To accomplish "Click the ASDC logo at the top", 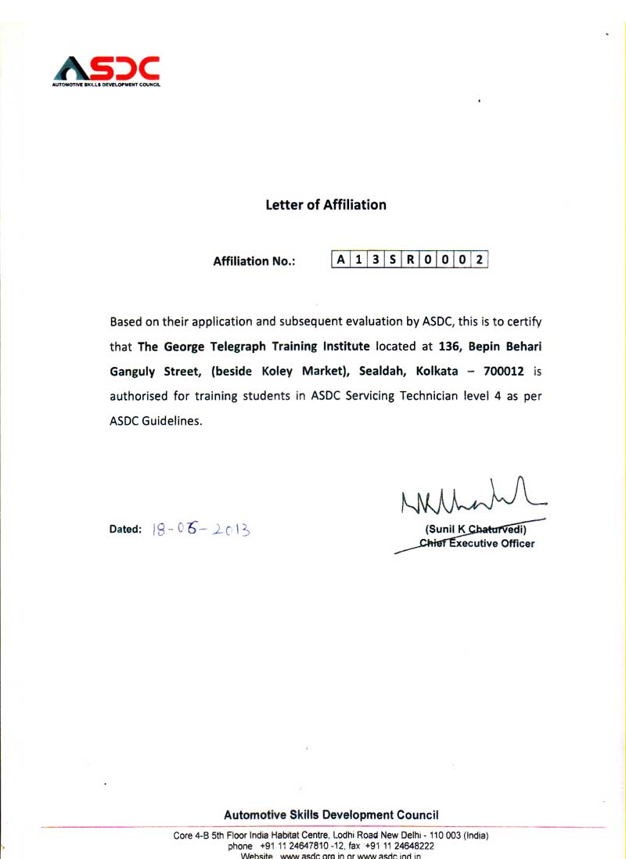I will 106,70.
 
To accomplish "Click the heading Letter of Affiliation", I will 326,205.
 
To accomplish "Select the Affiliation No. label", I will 254,261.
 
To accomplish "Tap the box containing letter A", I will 340,260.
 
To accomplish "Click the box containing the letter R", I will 409,260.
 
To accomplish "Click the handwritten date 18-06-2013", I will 201,530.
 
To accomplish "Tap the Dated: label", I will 125,530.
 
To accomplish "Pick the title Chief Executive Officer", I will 477,544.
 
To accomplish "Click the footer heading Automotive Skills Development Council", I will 331,814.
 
